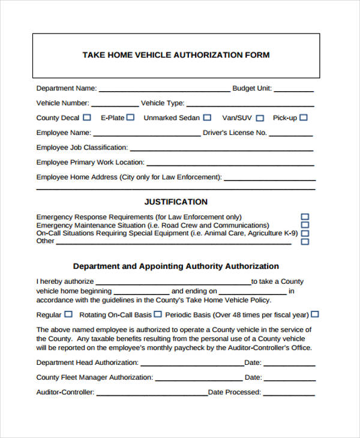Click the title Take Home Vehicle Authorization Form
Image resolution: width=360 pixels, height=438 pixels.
click(176, 55)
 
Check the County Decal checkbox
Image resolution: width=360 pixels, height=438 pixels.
click(87, 118)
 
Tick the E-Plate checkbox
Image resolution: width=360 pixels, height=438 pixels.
click(130, 118)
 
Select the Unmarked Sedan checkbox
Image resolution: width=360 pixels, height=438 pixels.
click(207, 118)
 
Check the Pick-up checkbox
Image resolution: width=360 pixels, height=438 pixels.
click(303, 118)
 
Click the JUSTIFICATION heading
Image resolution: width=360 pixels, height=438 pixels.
click(176, 202)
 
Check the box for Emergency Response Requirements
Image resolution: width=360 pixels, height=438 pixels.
click(305, 217)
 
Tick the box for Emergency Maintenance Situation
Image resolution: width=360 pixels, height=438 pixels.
click(305, 225)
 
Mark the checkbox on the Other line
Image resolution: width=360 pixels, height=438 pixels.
click(305, 242)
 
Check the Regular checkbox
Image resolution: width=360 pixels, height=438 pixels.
click(68, 314)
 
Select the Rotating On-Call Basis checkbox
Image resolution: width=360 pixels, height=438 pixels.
click(157, 314)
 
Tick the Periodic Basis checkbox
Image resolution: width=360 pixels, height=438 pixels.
click(315, 314)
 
